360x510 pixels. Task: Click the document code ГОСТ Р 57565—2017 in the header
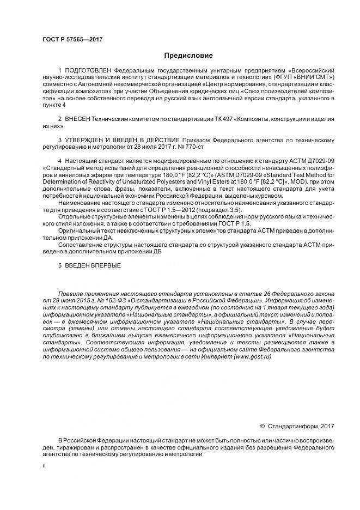point(72,40)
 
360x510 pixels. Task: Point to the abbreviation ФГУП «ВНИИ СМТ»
point(306,78)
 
